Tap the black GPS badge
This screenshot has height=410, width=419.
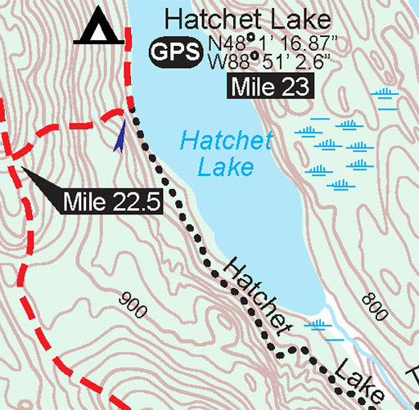coord(174,53)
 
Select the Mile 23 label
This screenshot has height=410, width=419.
coord(270,88)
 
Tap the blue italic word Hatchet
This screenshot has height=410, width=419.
coord(226,141)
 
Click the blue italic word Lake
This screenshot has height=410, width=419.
coord(225,168)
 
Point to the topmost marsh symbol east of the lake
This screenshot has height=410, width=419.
coord(386,93)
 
